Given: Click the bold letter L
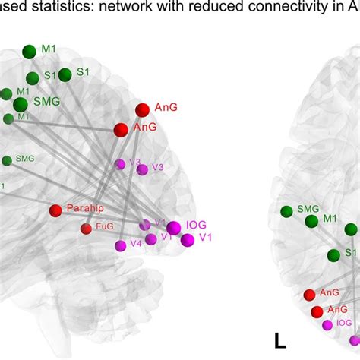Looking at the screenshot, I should pyautogui.click(x=279, y=340).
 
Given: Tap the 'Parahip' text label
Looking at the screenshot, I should pyautogui.click(x=85, y=209).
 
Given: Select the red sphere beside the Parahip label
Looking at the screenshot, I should pyautogui.click(x=55, y=210).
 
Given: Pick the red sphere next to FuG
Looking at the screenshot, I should pyautogui.click(x=86, y=228).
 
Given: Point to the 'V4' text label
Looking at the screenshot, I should pyautogui.click(x=136, y=244).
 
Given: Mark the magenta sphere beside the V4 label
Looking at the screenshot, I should pyautogui.click(x=120, y=245).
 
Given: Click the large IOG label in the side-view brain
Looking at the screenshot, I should pyautogui.click(x=196, y=225).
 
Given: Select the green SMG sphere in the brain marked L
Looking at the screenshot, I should pyautogui.click(x=286, y=211).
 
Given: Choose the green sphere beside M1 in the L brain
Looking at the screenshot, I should pyautogui.click(x=311, y=221).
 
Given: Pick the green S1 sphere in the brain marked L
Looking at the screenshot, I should pyautogui.click(x=333, y=255).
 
